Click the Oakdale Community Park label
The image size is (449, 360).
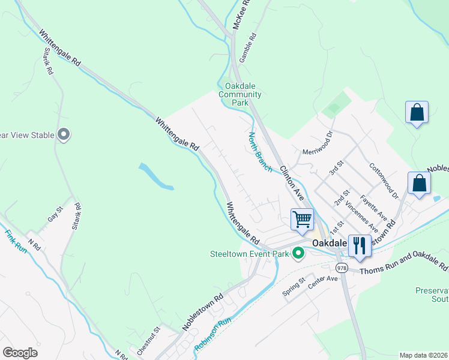tap(240, 94)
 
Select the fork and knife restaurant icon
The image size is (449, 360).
tap(360, 245)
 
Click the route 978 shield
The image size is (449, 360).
tap(342, 268)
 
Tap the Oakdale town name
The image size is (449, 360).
tap(330, 243)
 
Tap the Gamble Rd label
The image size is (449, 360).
tap(247, 47)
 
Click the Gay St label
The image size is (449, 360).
tap(55, 215)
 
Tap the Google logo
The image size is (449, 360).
tap(20, 353)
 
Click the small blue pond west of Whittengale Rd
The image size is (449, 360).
tap(155, 176)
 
